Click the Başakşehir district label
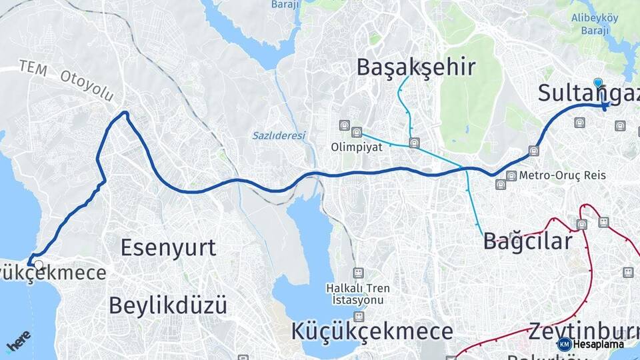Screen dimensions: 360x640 (416, 67)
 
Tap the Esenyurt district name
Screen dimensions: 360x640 (168, 247)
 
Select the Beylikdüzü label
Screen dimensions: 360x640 (167, 305)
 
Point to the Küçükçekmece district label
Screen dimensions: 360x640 (372, 331)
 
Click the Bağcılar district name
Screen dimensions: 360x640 (527, 241)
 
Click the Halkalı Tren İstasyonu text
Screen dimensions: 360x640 (359, 294)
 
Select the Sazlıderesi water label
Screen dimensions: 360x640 (279, 135)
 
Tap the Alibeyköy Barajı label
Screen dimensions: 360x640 (595, 25)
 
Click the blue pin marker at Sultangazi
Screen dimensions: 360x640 (598, 83)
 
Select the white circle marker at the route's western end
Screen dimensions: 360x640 (39, 265)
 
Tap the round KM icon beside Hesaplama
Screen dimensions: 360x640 (564, 344)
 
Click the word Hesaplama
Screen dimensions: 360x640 (598, 344)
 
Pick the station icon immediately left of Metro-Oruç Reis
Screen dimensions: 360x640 (511, 175)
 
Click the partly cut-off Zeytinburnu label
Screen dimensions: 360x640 (583, 331)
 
